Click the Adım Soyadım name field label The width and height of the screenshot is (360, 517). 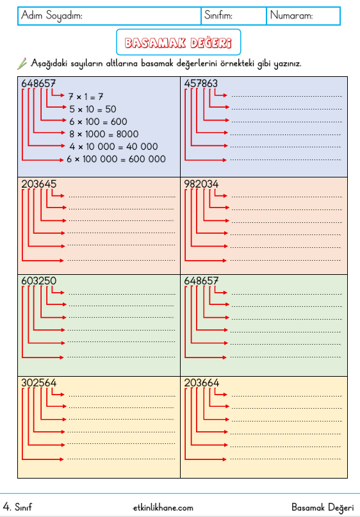click(52, 15)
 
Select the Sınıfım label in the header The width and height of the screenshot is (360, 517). click(218, 15)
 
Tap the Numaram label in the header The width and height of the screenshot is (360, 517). click(291, 15)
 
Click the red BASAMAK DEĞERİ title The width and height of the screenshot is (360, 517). click(178, 42)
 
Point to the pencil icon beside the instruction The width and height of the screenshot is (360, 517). click(22, 63)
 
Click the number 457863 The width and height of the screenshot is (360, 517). click(200, 83)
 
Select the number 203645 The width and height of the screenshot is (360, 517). click(38, 184)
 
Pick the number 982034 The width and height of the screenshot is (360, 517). click(201, 184)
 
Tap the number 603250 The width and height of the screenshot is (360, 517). click(38, 281)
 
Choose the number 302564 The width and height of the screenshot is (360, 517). click(38, 382)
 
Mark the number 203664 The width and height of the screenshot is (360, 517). click(201, 382)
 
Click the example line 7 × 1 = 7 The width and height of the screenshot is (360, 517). click(86, 97)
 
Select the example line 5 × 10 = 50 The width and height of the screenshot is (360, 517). click(93, 109)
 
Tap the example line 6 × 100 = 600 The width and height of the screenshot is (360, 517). click(98, 122)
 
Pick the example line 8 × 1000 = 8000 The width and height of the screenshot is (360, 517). click(104, 134)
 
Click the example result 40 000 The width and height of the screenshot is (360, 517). click(142, 147)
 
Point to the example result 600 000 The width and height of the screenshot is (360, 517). click(147, 159)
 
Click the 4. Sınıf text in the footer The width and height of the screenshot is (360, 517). click(17, 507)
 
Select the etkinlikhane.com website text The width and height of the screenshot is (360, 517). click(163, 508)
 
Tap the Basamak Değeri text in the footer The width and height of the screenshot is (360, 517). click(322, 507)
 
